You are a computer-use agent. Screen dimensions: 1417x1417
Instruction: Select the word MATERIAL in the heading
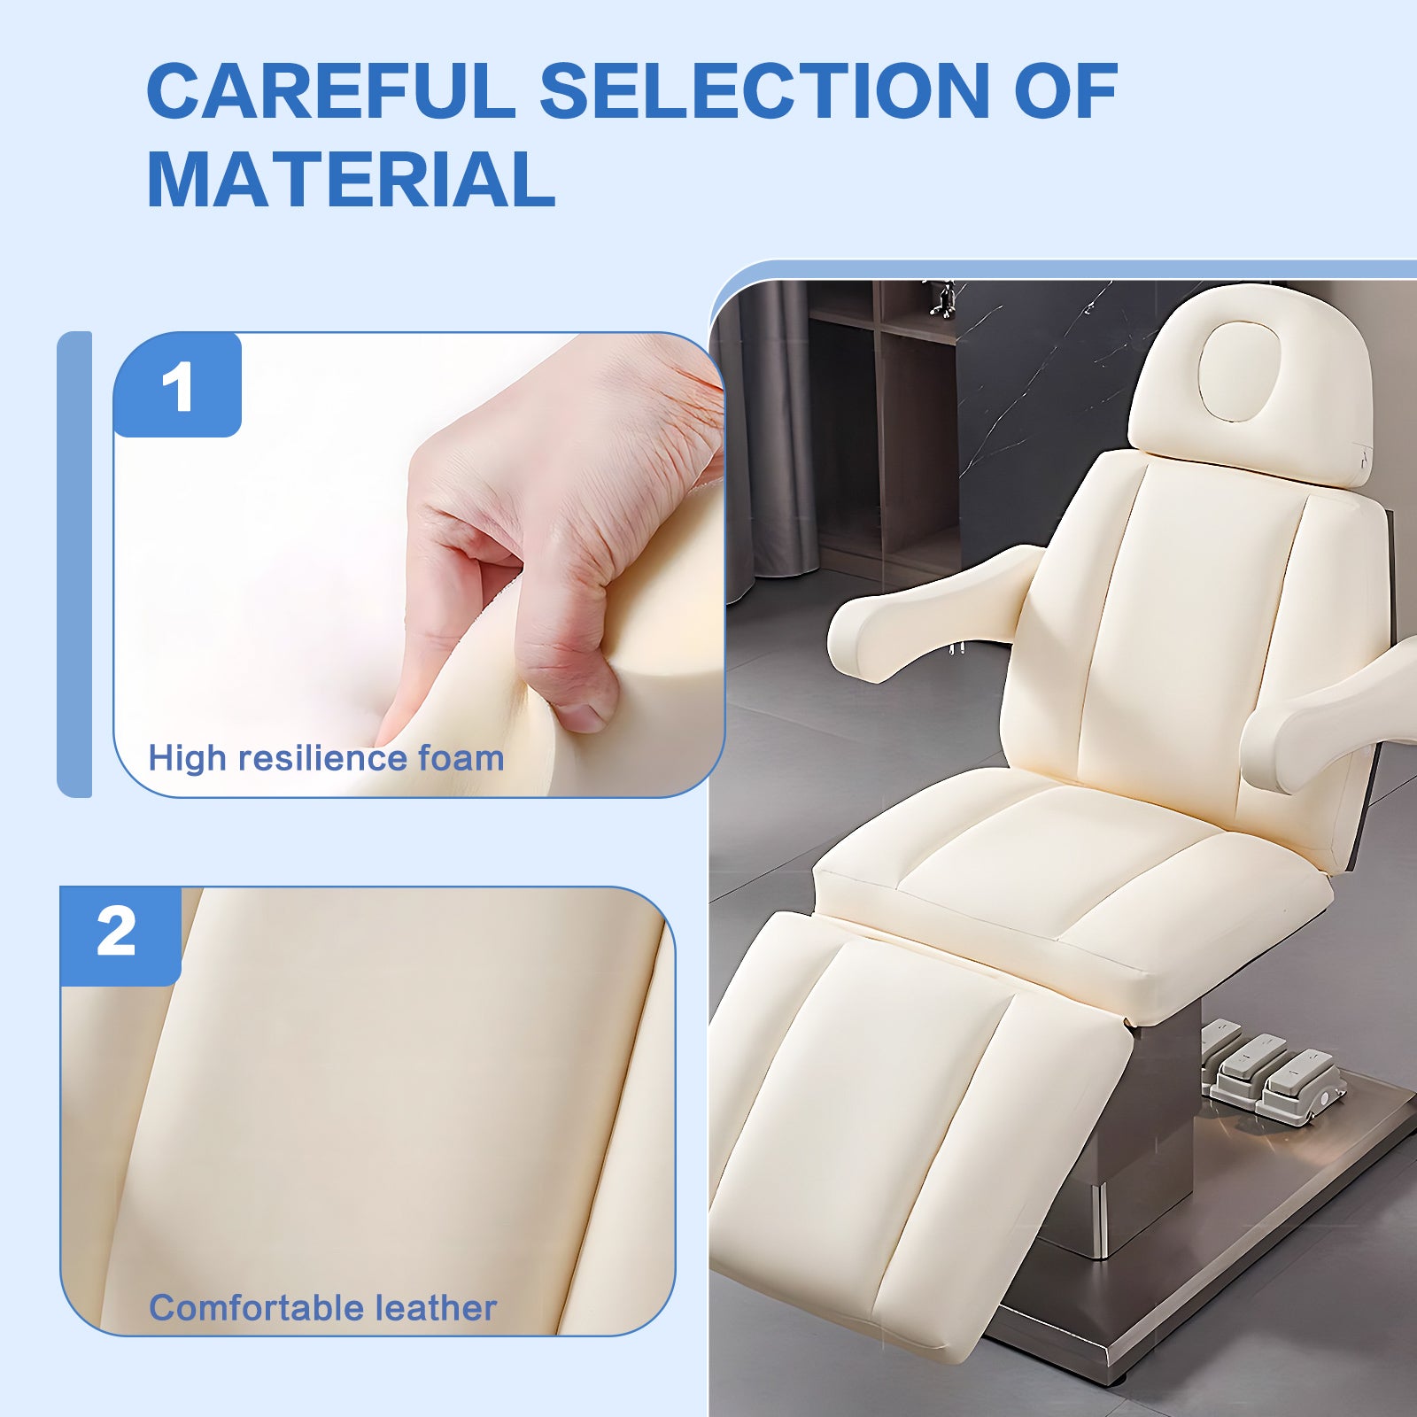point(351,180)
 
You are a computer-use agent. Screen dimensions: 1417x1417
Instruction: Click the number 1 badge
point(178,387)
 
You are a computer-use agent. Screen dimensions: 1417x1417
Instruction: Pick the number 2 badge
point(118,933)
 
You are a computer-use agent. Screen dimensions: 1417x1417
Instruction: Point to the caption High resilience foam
point(326,758)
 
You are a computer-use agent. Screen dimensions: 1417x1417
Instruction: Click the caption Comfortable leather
point(322,1308)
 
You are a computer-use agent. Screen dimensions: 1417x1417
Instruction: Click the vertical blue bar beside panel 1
point(74,564)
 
